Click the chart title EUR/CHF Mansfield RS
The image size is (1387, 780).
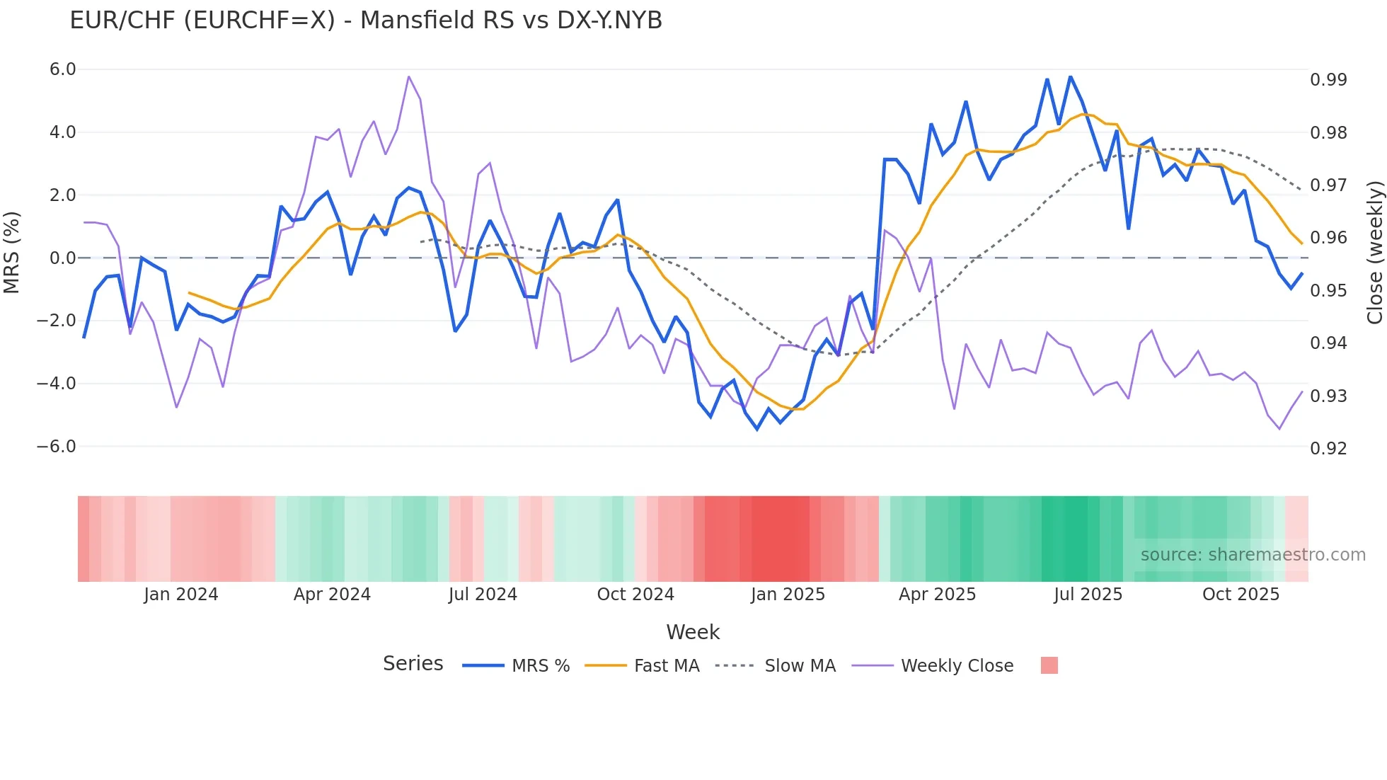(x=365, y=21)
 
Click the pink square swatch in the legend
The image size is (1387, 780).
(x=1049, y=665)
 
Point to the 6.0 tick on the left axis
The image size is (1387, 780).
(x=62, y=69)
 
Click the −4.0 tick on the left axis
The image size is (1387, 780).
(x=57, y=384)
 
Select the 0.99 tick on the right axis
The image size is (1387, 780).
(x=1328, y=79)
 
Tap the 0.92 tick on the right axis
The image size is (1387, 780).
(x=1328, y=448)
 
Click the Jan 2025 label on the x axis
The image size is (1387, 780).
(x=788, y=595)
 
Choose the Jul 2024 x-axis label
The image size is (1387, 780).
(x=483, y=595)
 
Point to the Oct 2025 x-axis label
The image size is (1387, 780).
(x=1241, y=595)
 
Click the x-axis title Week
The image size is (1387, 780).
(x=693, y=632)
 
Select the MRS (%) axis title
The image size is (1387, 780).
(x=11, y=253)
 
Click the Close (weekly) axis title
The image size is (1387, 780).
(x=1374, y=253)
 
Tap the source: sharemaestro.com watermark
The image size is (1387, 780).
(x=1253, y=555)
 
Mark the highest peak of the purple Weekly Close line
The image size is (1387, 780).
(x=409, y=76)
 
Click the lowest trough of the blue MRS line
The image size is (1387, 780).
(x=757, y=429)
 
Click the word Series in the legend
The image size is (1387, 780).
(x=413, y=664)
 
